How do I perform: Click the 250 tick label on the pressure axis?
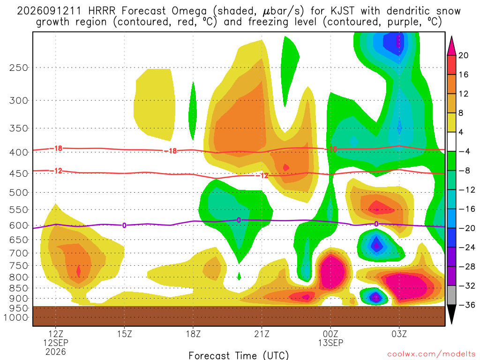click(18, 67)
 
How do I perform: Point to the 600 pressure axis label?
click(18, 225)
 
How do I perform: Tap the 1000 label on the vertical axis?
click(15, 318)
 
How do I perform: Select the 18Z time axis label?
click(193, 334)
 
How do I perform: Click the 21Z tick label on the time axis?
click(262, 334)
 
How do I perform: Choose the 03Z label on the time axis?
click(399, 334)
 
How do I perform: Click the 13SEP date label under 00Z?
click(330, 343)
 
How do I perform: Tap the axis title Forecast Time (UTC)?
click(239, 355)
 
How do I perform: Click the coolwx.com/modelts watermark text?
click(431, 354)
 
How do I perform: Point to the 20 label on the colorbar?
click(463, 55)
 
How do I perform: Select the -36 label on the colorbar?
click(466, 305)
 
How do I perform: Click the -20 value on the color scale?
click(466, 228)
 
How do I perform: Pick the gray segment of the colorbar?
click(451, 295)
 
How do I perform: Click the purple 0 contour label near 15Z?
click(124, 225)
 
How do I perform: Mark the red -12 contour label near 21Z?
click(262, 175)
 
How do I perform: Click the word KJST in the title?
click(342, 11)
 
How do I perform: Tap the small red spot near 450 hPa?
click(286, 167)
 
